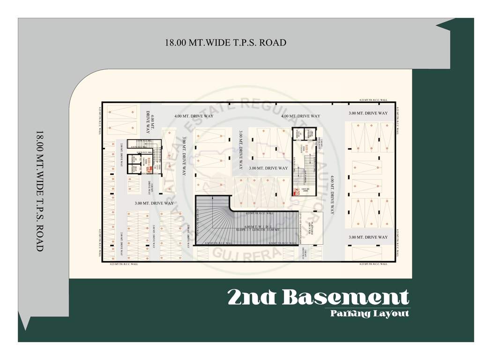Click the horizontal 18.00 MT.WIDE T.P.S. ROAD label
pyautogui.click(x=225, y=43)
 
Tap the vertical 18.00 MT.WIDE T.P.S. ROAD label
pyautogui.click(x=39, y=191)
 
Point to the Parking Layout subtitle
pyautogui.click(x=369, y=313)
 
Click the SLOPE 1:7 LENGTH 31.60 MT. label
pyautogui.click(x=258, y=230)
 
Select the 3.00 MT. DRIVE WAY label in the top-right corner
pyautogui.click(x=368, y=113)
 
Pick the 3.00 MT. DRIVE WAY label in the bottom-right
pyautogui.click(x=368, y=237)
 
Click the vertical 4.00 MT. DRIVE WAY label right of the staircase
pyautogui.click(x=332, y=195)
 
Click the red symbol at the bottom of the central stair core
pyautogui.click(x=296, y=191)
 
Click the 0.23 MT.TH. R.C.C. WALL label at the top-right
pyautogui.click(x=373, y=100)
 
